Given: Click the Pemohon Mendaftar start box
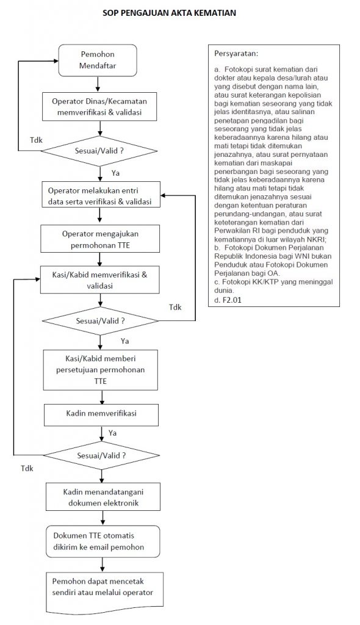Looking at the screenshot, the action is coord(98,60).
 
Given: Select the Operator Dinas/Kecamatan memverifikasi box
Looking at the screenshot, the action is coord(99,107).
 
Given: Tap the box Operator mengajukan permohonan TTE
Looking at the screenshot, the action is coord(101,239).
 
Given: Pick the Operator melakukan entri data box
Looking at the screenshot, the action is coord(100,196).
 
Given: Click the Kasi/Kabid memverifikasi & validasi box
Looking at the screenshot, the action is coord(99,280).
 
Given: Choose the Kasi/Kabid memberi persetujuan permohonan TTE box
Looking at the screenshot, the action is coord(101,370).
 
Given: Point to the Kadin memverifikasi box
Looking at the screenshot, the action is coord(101,415).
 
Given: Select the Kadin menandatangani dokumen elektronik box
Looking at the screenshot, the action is coord(103,497).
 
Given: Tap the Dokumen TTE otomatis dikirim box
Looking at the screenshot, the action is coord(103,541).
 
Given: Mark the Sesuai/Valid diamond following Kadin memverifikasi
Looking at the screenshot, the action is coord(101,455).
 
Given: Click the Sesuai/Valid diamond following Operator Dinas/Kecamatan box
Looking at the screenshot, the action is coord(99,151).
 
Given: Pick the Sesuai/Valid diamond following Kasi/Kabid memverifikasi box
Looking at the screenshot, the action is coord(101,321).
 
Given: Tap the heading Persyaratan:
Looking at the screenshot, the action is coord(236,53).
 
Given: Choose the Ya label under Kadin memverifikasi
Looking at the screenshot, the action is coord(112,433).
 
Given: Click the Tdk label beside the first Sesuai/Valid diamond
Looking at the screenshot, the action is coord(36,140).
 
